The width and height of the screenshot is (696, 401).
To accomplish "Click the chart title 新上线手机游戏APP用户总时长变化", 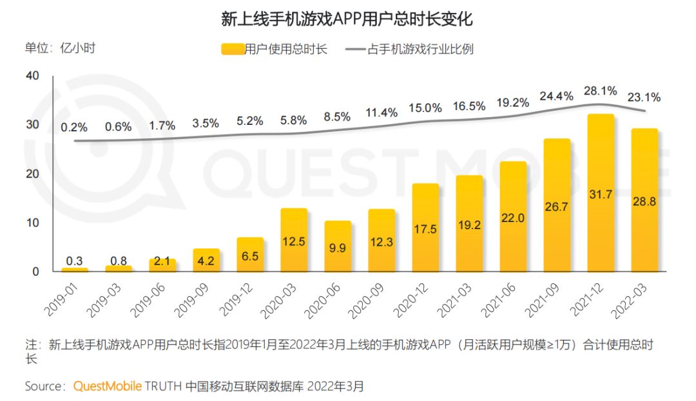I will (347, 19).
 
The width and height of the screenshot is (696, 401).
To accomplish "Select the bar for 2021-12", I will (601, 193).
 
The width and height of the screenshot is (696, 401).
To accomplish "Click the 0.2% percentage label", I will (75, 127).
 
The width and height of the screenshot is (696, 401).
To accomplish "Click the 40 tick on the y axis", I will (32, 76).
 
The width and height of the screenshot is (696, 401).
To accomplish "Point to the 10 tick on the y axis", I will (32, 223).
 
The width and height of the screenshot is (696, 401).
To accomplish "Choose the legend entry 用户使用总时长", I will (273, 49).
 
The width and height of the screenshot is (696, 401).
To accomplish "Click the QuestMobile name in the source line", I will (106, 386).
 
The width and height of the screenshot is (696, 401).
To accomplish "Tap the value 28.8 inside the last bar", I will (644, 201).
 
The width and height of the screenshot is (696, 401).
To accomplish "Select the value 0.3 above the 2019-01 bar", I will (75, 261).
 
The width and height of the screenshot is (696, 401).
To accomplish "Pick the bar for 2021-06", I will (513, 216).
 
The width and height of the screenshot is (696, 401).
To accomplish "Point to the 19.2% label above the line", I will (512, 102).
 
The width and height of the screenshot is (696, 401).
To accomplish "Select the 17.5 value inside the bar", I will (425, 229).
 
